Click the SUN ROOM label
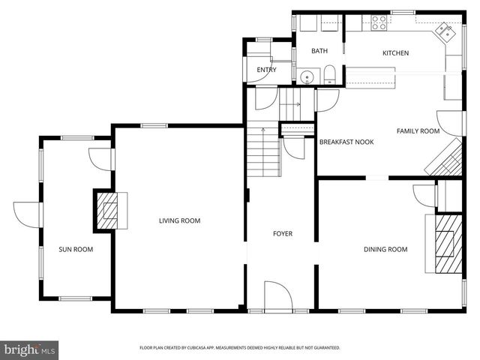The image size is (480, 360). [x=76, y=249]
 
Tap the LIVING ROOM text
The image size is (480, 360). [x=179, y=220]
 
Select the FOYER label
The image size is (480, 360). [x=282, y=234]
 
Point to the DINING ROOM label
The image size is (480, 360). [x=385, y=249]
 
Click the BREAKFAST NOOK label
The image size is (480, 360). [x=346, y=142]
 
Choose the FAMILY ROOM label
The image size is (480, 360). [x=418, y=131]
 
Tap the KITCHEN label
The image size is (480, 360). [x=395, y=53]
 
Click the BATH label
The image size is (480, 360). [x=319, y=52]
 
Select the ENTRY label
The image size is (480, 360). [x=266, y=70]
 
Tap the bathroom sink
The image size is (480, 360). [x=306, y=76]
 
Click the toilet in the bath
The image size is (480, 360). [x=329, y=74]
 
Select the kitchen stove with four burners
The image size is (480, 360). [x=377, y=22]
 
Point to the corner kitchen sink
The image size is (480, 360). [x=446, y=31]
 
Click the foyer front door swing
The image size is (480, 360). [x=278, y=295]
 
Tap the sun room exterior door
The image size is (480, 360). [x=26, y=214]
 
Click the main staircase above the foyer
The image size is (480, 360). [x=264, y=150]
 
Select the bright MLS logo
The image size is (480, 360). [x=30, y=349]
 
